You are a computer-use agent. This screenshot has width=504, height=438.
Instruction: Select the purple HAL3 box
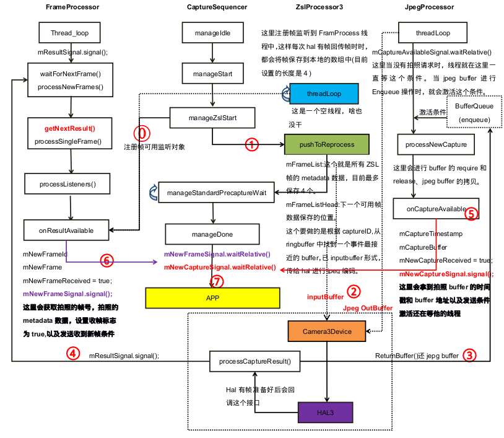tap(325, 411)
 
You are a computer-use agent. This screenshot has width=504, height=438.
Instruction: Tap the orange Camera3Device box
tap(327, 331)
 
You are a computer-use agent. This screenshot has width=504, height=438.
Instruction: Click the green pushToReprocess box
tap(326, 144)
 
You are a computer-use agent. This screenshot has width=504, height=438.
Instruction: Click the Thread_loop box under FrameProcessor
tap(69, 33)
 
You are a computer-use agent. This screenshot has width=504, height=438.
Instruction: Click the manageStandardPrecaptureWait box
tap(216, 193)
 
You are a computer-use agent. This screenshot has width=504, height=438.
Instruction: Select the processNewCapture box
tap(431, 144)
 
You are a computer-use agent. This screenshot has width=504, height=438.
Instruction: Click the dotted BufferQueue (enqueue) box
tap(473, 112)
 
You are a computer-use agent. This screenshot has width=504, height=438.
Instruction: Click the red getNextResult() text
tap(69, 129)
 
